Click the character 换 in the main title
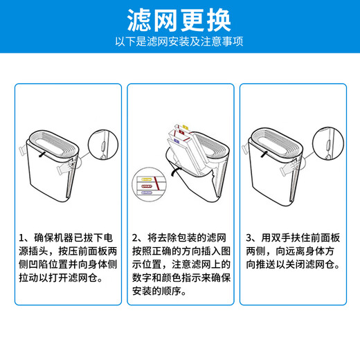(219, 20)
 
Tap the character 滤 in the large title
(139, 20)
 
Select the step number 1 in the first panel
(21, 238)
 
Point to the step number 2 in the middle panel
(135, 238)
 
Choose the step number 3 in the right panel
(249, 238)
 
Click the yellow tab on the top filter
(186, 127)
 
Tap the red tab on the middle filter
(181, 132)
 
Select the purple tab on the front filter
(177, 141)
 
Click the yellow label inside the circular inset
(146, 179)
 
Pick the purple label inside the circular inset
(146, 192)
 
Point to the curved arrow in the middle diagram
(177, 172)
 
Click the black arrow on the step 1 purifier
(42, 154)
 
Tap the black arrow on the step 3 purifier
(264, 154)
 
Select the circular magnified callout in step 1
(103, 145)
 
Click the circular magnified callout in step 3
(328, 143)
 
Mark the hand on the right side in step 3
(289, 168)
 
